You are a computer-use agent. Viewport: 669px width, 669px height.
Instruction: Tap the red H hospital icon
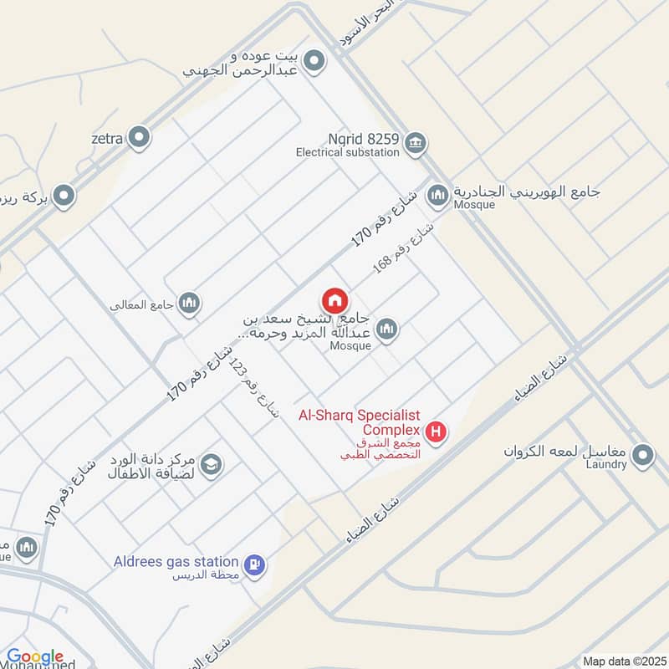(x=436, y=432)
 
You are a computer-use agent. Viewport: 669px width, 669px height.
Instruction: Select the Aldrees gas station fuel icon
(x=257, y=564)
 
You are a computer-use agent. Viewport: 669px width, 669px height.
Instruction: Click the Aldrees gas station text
(x=176, y=562)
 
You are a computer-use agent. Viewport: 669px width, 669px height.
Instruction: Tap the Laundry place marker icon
(x=643, y=456)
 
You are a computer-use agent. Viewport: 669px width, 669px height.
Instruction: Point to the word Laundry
(x=605, y=465)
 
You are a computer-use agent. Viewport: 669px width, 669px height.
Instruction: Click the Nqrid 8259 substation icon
(x=414, y=144)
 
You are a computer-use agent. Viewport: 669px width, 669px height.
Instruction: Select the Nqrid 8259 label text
(x=365, y=139)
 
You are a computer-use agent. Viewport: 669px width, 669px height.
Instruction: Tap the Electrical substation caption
(x=348, y=153)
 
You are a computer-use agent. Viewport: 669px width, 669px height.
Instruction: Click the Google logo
(x=34, y=657)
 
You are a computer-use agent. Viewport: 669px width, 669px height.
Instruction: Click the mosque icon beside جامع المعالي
(x=190, y=304)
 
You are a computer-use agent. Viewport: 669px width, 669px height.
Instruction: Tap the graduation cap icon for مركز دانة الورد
(x=212, y=464)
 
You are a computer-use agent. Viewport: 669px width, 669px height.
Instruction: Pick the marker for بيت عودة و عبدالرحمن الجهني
(x=314, y=61)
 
